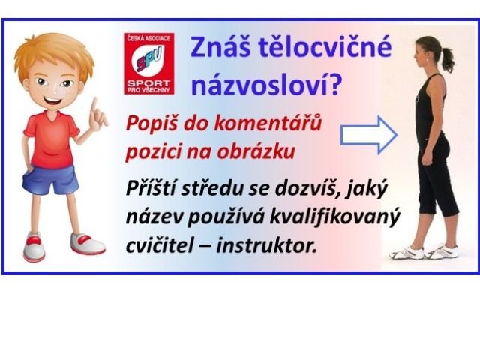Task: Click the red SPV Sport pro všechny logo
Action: pos(149,64)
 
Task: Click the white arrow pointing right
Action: pos(369,135)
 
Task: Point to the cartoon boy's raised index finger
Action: pos(94,106)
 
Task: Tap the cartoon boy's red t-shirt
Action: pos(52,139)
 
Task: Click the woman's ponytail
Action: pos(447,58)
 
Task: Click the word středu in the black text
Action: pos(211,188)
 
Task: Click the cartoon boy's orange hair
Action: pos(54,52)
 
